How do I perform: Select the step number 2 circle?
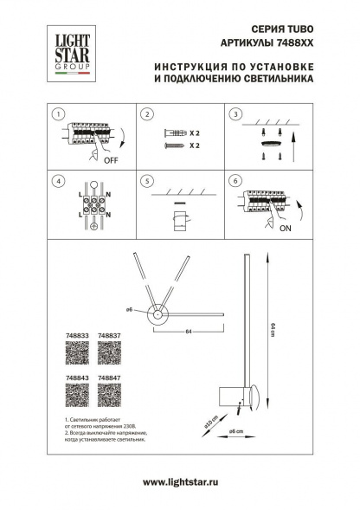click(x=147, y=114)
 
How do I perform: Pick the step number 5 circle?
click(x=147, y=182)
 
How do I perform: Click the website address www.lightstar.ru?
click(x=179, y=482)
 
